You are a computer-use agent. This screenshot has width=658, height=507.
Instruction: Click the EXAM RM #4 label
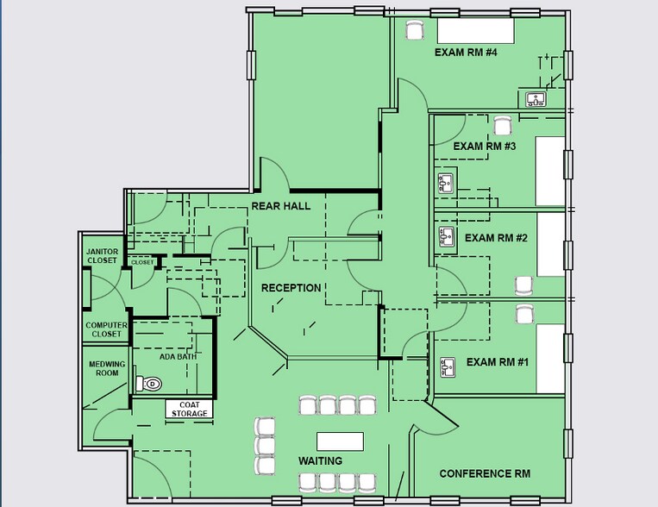466,53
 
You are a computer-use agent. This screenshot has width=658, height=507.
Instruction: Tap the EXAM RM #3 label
485,146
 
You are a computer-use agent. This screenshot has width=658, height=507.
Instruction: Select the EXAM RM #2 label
496,238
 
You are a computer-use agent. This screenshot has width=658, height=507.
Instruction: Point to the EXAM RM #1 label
498,362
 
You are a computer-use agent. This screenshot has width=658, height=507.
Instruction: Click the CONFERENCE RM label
485,473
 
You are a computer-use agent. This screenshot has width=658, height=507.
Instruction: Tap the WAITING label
320,460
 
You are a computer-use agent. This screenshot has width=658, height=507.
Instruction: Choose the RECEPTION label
291,288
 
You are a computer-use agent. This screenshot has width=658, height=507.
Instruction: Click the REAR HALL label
281,206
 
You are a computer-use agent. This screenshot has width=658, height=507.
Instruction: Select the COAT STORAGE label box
189,409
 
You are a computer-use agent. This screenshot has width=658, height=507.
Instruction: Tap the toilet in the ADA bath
149,384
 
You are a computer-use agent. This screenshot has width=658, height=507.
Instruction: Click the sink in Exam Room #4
536,99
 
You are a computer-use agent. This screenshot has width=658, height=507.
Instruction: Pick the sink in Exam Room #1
448,367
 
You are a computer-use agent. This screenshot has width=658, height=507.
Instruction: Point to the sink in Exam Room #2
446,237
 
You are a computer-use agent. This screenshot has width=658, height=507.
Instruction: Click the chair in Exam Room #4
415,30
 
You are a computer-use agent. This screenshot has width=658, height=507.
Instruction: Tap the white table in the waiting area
340,441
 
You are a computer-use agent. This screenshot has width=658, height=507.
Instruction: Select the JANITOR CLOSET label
102,256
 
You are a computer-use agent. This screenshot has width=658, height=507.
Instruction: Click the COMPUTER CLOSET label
106,329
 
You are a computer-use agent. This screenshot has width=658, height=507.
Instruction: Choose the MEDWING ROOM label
107,368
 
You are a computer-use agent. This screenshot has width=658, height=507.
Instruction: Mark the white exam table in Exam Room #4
476,30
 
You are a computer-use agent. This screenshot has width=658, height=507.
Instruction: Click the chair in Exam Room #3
502,126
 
